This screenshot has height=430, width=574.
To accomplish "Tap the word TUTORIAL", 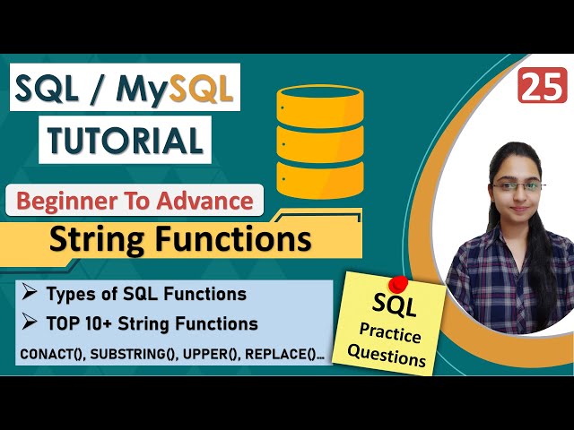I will click(125, 140).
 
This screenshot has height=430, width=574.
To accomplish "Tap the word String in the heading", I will click(98, 240).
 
